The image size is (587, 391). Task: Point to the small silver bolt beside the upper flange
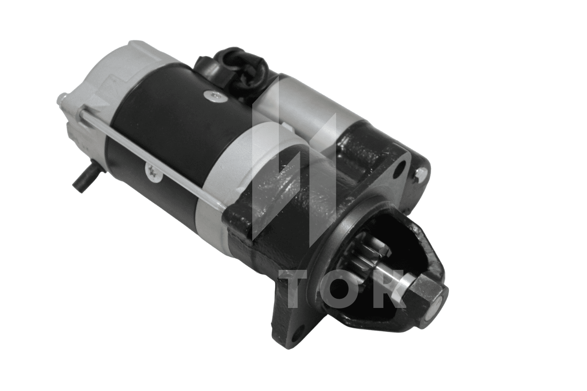coord(421,173)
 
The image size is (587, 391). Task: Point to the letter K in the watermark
coord(390,289)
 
